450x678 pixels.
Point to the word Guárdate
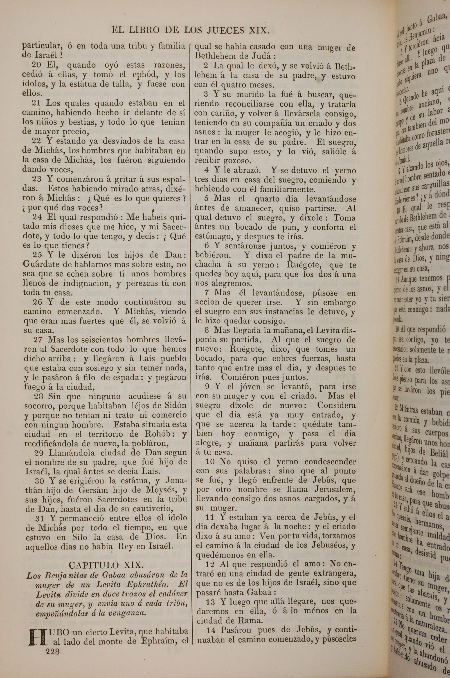point(42,264)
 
